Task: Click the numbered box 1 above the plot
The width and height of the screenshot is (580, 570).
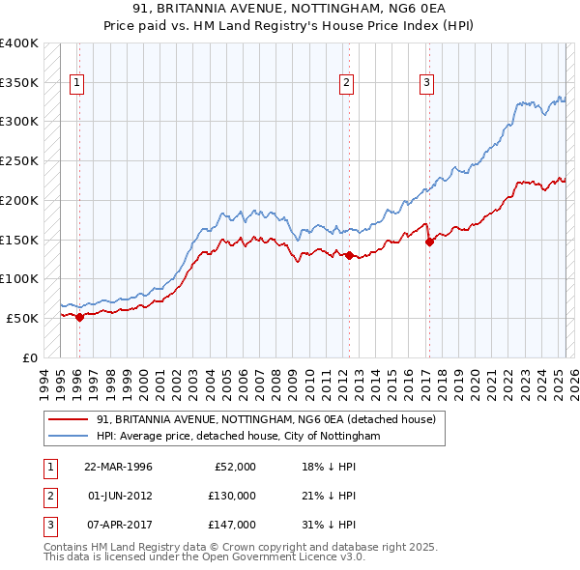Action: click(76, 83)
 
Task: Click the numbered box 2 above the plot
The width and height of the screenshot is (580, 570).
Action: click(346, 83)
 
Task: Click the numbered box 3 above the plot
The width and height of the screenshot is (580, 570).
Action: click(426, 83)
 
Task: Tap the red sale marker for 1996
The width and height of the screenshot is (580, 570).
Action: click(79, 316)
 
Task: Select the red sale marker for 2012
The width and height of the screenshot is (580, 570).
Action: click(348, 255)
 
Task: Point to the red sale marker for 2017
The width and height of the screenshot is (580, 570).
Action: click(429, 242)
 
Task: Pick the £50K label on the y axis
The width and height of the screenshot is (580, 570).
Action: click(22, 318)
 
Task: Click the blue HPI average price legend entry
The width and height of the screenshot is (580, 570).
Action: click(238, 437)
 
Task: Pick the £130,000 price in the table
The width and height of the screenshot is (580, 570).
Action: click(232, 496)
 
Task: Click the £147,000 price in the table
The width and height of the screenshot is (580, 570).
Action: click(232, 525)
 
